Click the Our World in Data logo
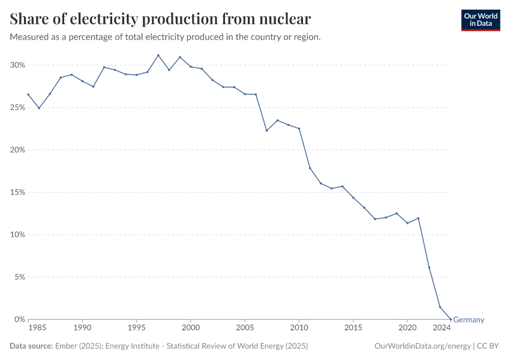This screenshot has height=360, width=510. [x=480, y=20]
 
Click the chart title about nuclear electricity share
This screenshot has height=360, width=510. [x=160, y=19]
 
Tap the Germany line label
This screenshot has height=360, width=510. [x=469, y=320]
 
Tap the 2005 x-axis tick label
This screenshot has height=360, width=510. [x=245, y=328]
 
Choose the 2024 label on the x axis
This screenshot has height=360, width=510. [x=442, y=328]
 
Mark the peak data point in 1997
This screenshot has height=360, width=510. [x=158, y=55]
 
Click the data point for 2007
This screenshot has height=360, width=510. [x=266, y=130]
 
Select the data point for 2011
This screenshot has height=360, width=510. [x=310, y=168]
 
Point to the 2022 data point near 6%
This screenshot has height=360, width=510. [x=429, y=268]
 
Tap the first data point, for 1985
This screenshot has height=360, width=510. [x=28, y=94]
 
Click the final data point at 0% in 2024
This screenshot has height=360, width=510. [x=451, y=319]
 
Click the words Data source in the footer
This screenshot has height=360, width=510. [x=31, y=346]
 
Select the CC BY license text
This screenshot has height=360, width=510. [x=489, y=346]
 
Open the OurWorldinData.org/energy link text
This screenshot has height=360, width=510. [x=422, y=346]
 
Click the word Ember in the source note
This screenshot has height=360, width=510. [x=65, y=346]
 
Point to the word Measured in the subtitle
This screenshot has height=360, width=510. [x=29, y=37]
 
